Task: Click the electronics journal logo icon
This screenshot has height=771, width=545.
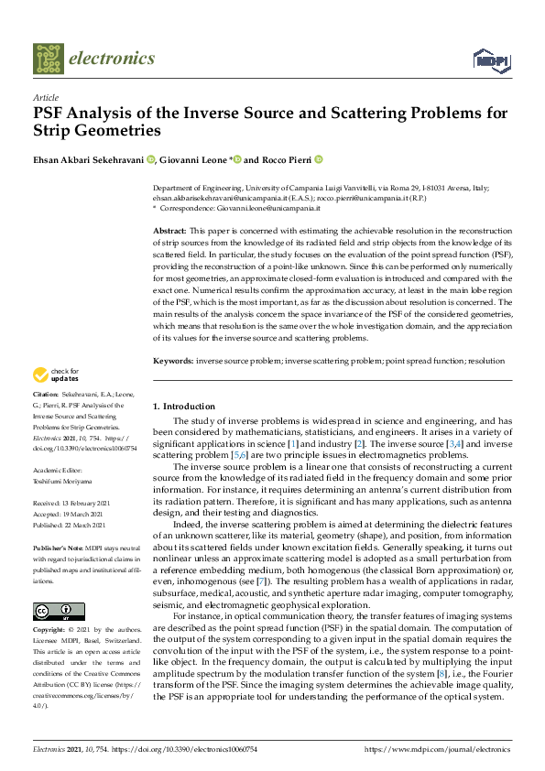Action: pyautogui.click(x=49, y=59)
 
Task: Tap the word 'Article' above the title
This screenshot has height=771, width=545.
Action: pyautogui.click(x=45, y=96)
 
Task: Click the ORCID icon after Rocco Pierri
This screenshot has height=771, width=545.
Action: pyautogui.click(x=319, y=158)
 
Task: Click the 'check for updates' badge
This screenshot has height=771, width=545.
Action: pyautogui.click(x=56, y=375)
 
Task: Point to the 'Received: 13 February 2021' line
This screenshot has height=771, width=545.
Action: pyautogui.click(x=72, y=504)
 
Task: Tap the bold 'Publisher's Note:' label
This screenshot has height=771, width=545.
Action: pyautogui.click(x=59, y=546)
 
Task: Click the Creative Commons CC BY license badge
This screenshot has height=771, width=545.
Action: pyautogui.click(x=54, y=612)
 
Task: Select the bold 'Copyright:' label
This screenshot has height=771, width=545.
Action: pyautogui.click(x=51, y=631)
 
